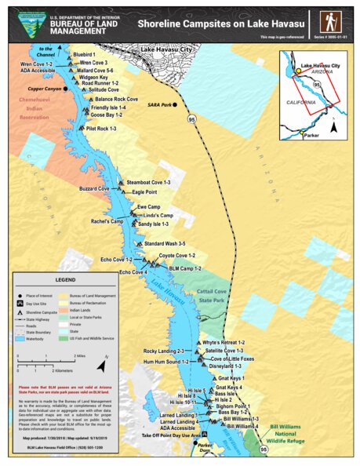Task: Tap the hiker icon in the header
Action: point(330,21)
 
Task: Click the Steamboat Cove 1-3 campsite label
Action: point(148,182)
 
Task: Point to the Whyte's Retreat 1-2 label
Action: point(224,343)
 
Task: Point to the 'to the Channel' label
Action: point(46,52)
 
